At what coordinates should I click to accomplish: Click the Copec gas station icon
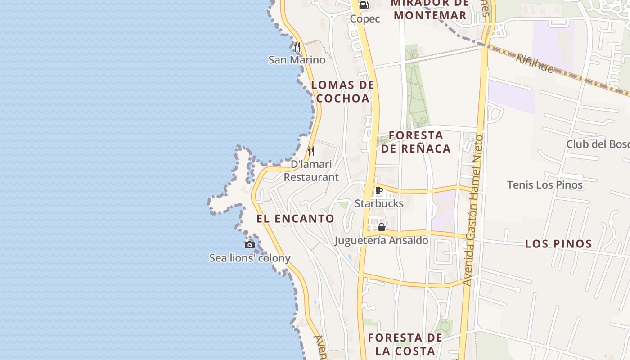(x=364, y=5)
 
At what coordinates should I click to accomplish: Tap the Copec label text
(x=365, y=19)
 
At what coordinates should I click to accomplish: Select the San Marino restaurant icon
(x=297, y=46)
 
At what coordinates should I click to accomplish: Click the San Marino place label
(x=297, y=60)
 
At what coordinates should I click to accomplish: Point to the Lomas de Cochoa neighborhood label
(x=342, y=91)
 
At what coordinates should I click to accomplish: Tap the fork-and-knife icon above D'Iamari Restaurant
(x=311, y=151)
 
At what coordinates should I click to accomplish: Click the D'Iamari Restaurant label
(x=311, y=171)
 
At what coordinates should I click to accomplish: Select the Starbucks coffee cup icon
(x=379, y=191)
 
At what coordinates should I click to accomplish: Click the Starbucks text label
(x=379, y=204)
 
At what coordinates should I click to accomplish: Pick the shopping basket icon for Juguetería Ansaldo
(x=382, y=227)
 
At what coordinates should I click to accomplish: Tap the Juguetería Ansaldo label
(x=381, y=240)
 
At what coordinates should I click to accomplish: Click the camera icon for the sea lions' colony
(x=250, y=245)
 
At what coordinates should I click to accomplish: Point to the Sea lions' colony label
(x=250, y=258)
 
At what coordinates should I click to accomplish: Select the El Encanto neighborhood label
(x=295, y=219)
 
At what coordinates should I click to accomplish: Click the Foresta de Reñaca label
(x=416, y=142)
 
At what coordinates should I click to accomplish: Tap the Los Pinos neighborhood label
(x=558, y=244)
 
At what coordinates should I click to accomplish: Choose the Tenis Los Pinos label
(x=544, y=185)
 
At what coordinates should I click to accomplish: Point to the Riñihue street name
(x=534, y=63)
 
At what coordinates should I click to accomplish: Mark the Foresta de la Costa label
(x=405, y=344)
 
